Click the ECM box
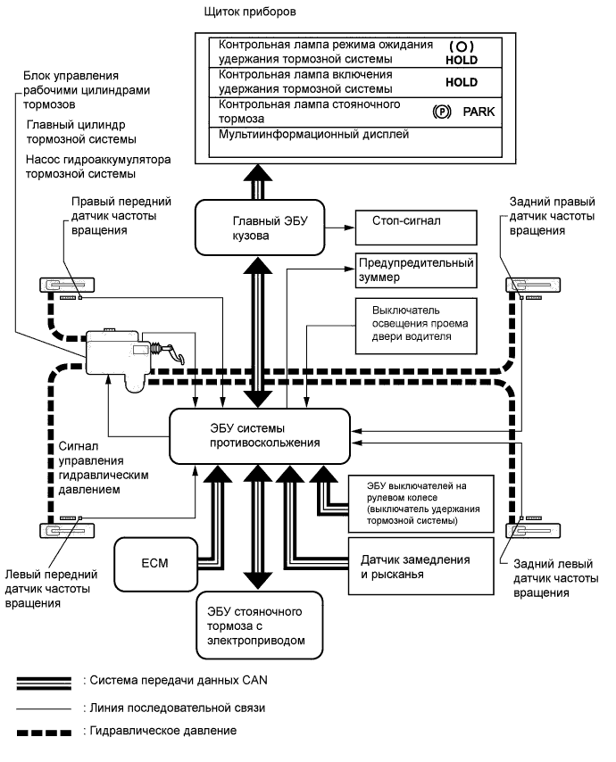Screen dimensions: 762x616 (149, 564)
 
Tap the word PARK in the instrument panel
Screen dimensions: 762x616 (479, 112)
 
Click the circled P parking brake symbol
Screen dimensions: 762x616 (438, 112)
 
